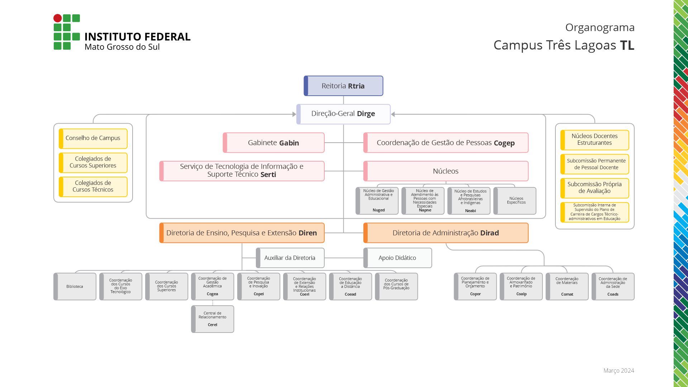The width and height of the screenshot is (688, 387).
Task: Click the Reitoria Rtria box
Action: (x=343, y=86)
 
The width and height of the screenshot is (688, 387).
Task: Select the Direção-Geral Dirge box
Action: (x=343, y=114)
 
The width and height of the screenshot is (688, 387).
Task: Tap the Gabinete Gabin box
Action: (x=274, y=143)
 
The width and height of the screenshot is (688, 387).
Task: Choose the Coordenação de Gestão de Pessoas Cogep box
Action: (x=446, y=143)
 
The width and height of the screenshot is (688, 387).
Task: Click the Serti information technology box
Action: (x=242, y=171)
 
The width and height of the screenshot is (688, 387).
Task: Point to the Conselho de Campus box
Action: (x=93, y=138)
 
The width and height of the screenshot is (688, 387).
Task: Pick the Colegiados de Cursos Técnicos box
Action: (x=93, y=186)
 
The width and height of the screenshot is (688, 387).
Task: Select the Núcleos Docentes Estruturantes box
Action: (x=595, y=140)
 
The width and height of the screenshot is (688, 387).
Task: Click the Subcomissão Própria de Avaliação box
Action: (x=595, y=188)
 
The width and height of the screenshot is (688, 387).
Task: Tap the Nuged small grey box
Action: (x=377, y=201)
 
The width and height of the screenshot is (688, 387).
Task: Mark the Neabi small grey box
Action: (x=469, y=201)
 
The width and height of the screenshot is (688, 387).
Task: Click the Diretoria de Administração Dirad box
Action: (x=446, y=233)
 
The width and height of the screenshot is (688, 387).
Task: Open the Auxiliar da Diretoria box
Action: (x=290, y=258)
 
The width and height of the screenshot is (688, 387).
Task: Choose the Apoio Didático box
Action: (x=397, y=258)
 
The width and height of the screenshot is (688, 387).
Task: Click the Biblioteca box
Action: (x=75, y=287)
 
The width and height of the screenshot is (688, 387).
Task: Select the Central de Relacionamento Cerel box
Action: (x=212, y=319)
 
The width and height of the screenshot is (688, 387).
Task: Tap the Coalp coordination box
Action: (x=521, y=287)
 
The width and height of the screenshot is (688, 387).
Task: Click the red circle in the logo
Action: (x=57, y=18)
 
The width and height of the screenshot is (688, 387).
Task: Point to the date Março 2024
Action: (x=619, y=371)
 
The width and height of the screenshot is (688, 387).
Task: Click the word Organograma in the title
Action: (x=600, y=28)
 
